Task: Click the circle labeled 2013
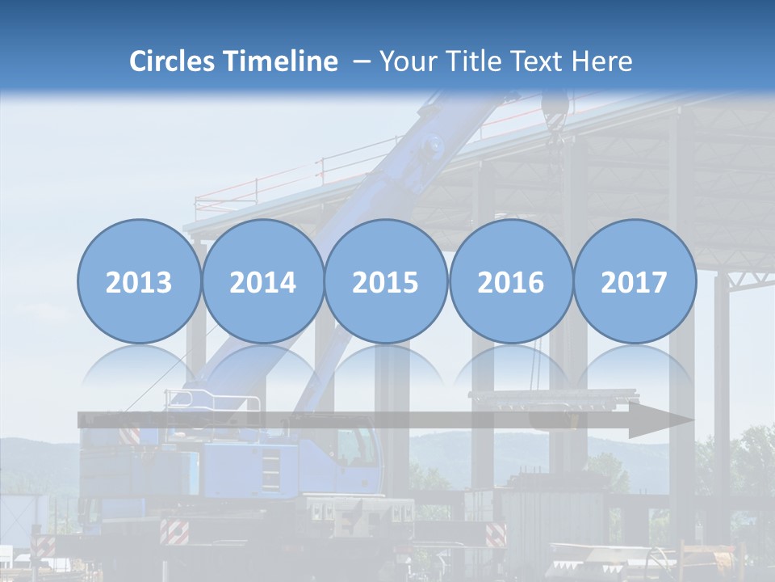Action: [139, 281]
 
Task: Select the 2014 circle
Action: [262, 281]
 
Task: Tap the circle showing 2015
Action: [386, 281]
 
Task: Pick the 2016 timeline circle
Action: [510, 281]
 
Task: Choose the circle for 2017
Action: [635, 281]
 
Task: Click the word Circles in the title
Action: [173, 61]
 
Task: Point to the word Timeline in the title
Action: [282, 61]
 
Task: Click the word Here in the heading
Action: [601, 61]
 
